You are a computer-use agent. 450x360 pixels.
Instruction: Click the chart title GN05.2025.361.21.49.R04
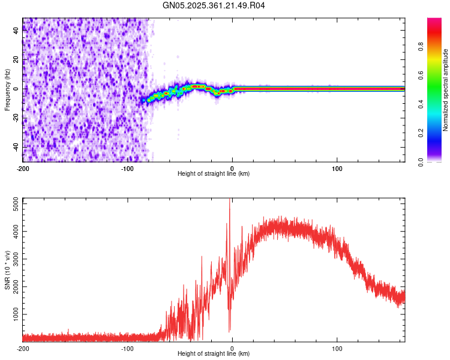coord(214,6)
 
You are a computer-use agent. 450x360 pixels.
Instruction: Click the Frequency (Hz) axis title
coord(7,90)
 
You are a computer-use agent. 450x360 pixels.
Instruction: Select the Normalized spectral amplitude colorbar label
coord(446,90)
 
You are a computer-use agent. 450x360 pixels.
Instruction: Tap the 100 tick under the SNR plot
coord(337,348)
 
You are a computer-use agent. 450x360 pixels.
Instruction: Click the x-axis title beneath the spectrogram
coord(214,174)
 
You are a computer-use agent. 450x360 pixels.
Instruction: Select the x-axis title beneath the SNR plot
coord(214,353)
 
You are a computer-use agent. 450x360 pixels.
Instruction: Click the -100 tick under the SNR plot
coord(127,348)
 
